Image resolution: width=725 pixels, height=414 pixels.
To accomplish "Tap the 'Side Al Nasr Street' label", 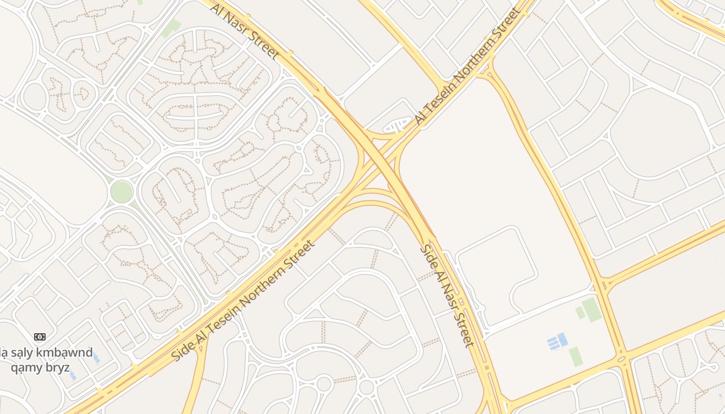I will point(446,295).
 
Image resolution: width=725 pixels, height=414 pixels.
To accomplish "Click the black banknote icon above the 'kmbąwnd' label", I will point(40,337).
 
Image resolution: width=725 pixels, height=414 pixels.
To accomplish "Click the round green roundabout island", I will point(121,191).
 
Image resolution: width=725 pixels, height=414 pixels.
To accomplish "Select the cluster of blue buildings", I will point(557,342).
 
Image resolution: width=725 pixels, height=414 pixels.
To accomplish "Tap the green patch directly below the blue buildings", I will point(575,357).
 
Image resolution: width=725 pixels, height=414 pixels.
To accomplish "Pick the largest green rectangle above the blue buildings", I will point(591,309).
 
